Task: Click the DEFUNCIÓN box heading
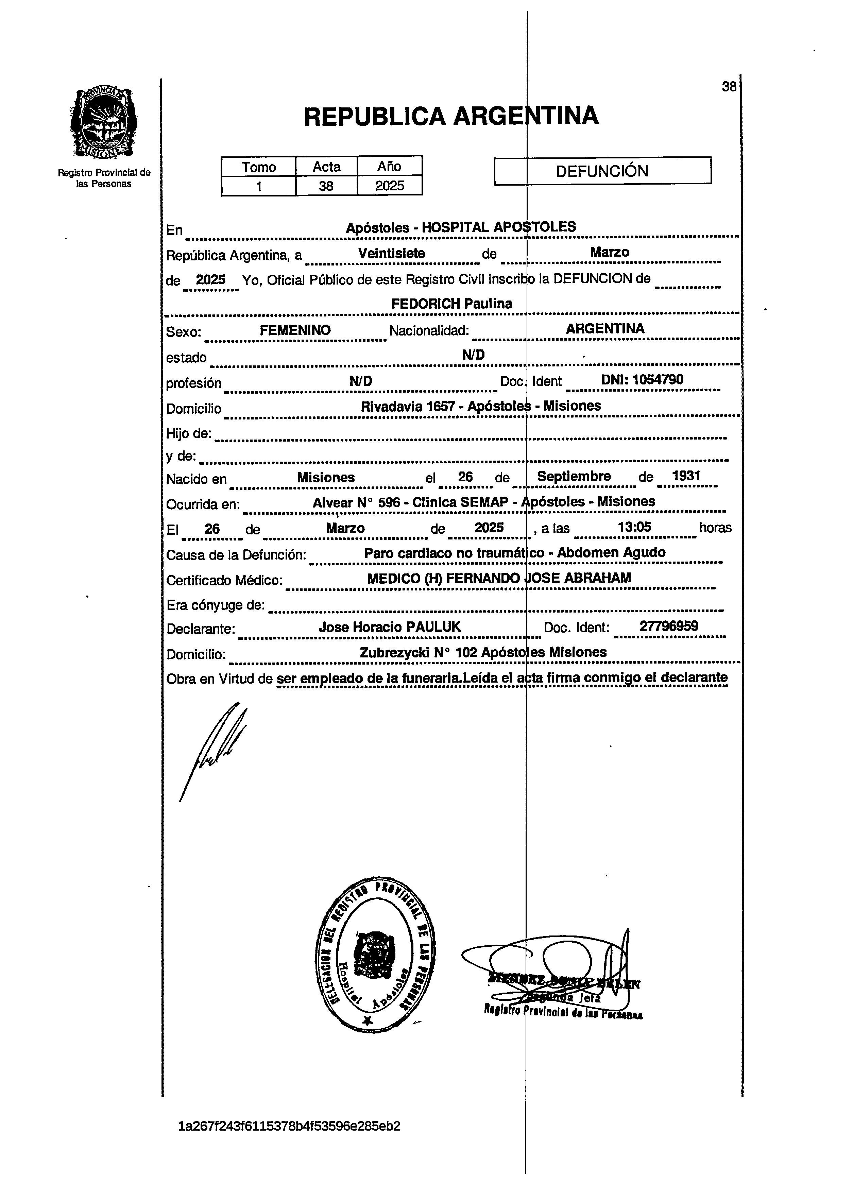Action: point(602,171)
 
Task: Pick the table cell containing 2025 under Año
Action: point(389,186)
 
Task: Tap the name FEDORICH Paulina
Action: point(451,304)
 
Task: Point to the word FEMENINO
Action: point(295,330)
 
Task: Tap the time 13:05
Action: point(634,527)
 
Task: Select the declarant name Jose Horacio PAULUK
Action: point(390,627)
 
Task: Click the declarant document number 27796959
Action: point(668,626)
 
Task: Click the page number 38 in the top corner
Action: point(729,87)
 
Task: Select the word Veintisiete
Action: point(391,253)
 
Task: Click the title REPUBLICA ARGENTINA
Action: point(450,116)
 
